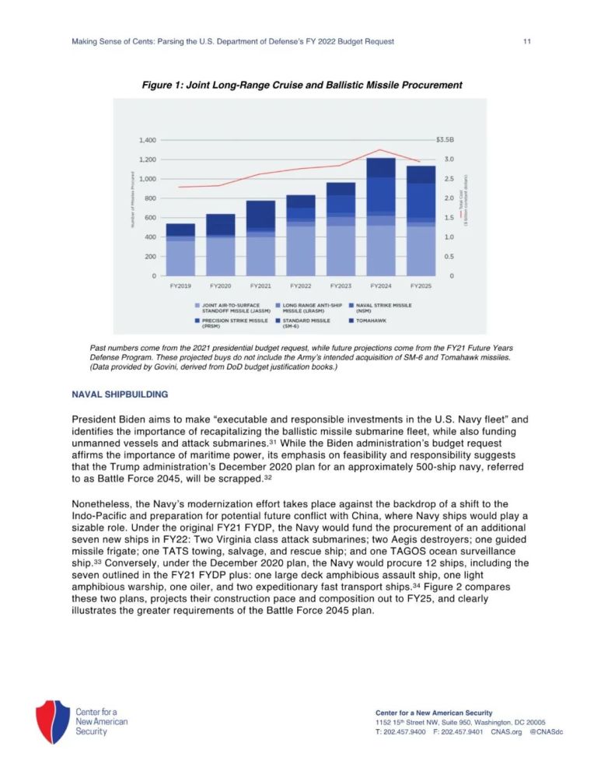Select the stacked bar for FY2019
(x=180, y=249)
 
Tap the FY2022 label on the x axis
(x=301, y=286)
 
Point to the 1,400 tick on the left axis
(x=148, y=140)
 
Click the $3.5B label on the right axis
(x=445, y=140)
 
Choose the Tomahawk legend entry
(x=369, y=320)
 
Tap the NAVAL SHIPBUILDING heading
(x=119, y=394)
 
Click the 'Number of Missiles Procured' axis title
(x=133, y=206)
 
